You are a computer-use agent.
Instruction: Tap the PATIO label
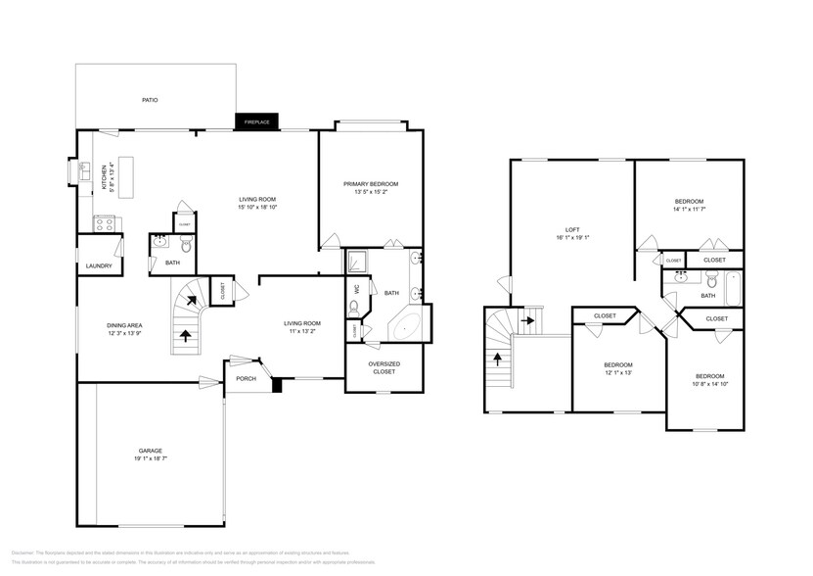[x=150, y=100]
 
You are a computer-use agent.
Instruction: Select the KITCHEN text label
[x=105, y=177]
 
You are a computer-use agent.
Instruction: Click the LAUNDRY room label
[x=99, y=265]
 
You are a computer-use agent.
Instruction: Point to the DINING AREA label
[x=125, y=325]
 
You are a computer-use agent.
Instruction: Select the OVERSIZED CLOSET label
[x=384, y=367]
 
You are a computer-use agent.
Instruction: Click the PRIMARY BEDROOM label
[x=370, y=184]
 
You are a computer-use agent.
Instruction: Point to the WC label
[x=357, y=288]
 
